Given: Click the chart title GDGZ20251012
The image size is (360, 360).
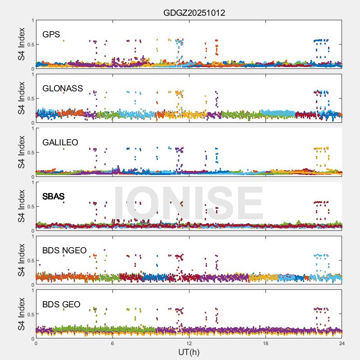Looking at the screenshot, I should [x=194, y=13].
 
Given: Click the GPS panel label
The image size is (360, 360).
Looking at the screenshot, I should [x=51, y=34].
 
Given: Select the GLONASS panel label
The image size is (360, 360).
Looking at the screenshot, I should [x=63, y=88].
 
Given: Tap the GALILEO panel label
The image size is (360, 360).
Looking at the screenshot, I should [x=60, y=142].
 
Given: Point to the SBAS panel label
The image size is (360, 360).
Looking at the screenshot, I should [x=54, y=196].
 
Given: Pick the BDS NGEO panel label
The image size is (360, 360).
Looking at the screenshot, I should [x=64, y=250].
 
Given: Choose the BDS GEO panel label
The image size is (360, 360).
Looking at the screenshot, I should [x=61, y=304].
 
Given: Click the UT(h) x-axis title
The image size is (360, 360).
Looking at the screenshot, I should [x=189, y=352].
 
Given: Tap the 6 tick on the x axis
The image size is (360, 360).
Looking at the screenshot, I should [x=112, y=343].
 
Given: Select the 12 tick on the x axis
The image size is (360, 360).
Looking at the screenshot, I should [x=189, y=343].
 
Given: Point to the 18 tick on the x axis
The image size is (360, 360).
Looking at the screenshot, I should [x=265, y=343].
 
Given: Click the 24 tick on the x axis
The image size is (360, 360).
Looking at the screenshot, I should [x=342, y=343].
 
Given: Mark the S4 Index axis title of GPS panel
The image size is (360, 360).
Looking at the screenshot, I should [x=22, y=44].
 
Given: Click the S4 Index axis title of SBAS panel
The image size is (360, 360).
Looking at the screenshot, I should [x=22, y=206].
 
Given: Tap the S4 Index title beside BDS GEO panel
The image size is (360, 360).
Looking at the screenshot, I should [x=22, y=314].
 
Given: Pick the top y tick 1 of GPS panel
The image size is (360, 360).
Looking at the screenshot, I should [x=32, y=21].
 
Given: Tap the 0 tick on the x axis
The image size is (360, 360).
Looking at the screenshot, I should [x=36, y=343].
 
